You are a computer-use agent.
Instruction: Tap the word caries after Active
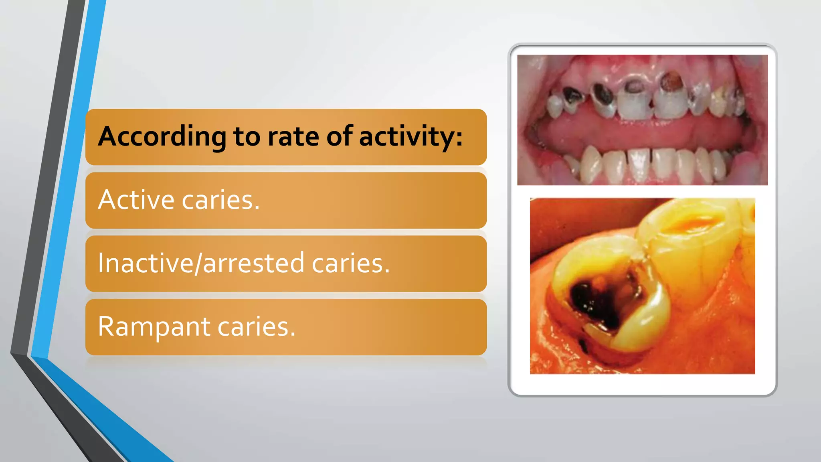220,200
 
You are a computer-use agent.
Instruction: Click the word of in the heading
340,136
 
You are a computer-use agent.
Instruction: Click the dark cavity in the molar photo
597,301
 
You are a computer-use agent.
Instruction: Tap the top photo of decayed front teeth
642,120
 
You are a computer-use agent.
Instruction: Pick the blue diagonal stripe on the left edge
68,180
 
